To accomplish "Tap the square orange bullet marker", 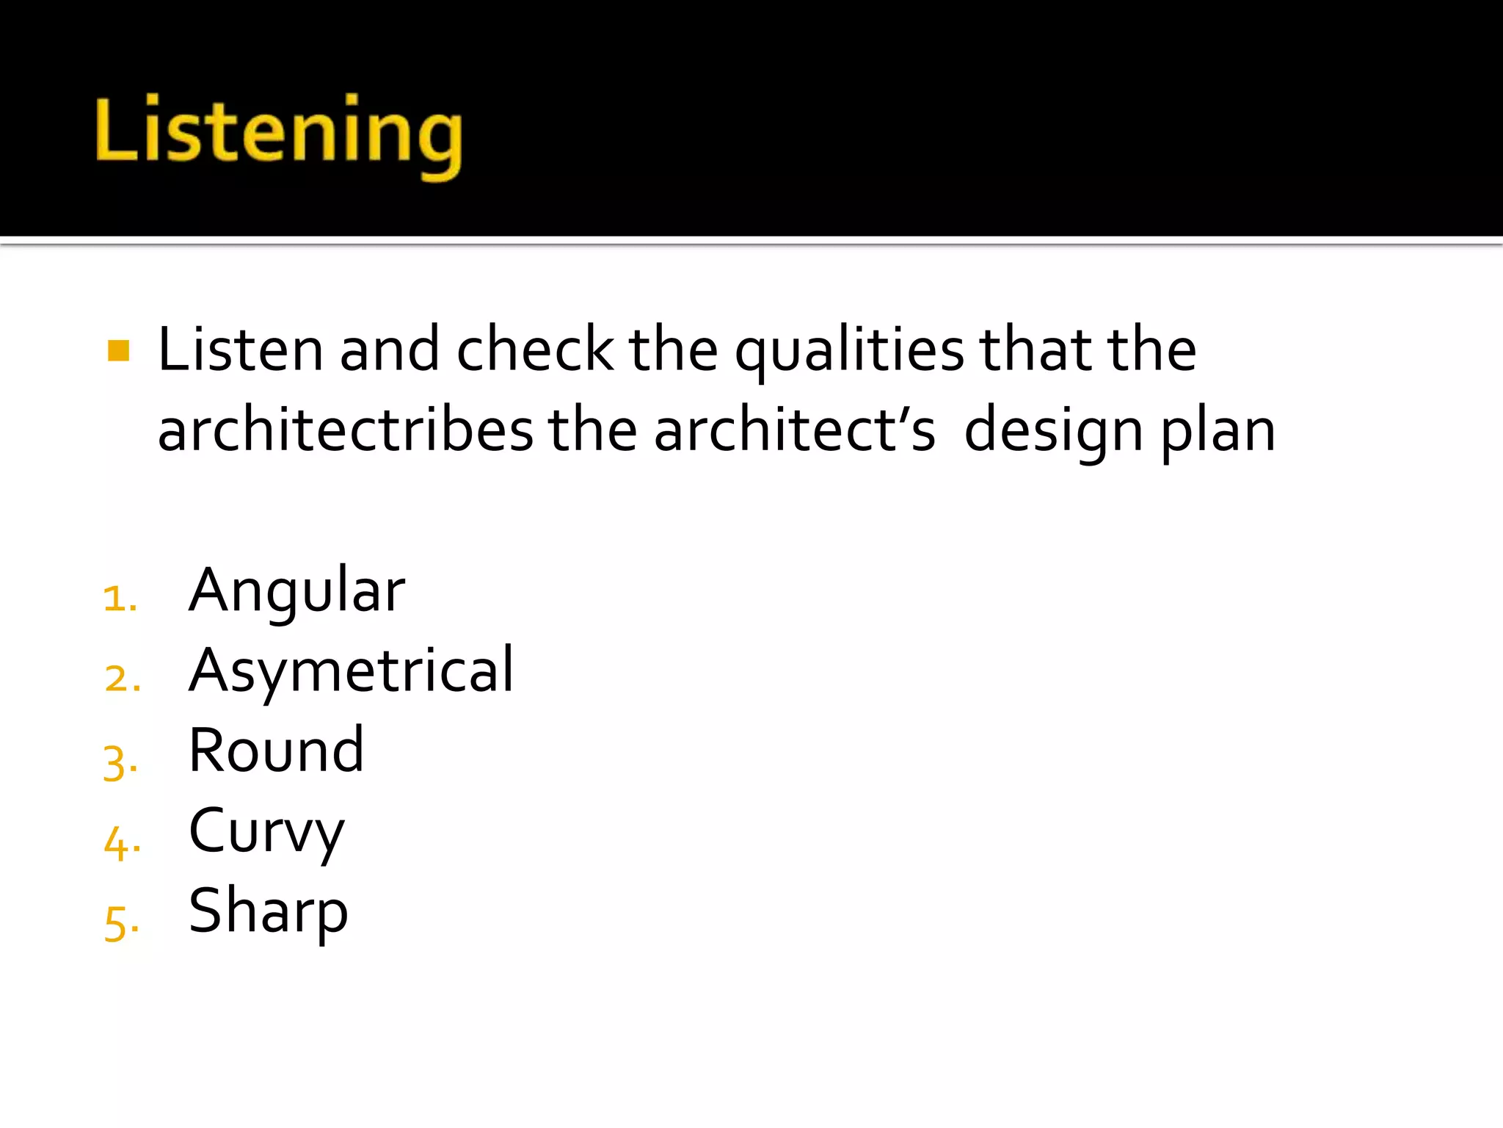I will pos(118,350).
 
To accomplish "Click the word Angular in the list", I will pos(296,592).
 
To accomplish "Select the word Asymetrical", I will pos(352,671).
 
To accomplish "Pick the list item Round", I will pos(276,751).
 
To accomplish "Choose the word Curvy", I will pos(266,833).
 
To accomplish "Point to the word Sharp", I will pos(268,912).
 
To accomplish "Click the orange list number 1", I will pos(120,599).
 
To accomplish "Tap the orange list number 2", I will pos(122,679).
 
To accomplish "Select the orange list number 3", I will pos(120,762).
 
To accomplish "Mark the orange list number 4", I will pos(122,842).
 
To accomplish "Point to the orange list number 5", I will pos(121,923).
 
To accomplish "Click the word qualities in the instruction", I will pos(849,352).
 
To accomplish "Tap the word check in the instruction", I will pos(535,350).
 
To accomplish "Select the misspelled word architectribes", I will pos(346,431).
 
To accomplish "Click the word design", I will pos(1054,433).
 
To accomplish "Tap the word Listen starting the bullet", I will pos(241,350).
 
